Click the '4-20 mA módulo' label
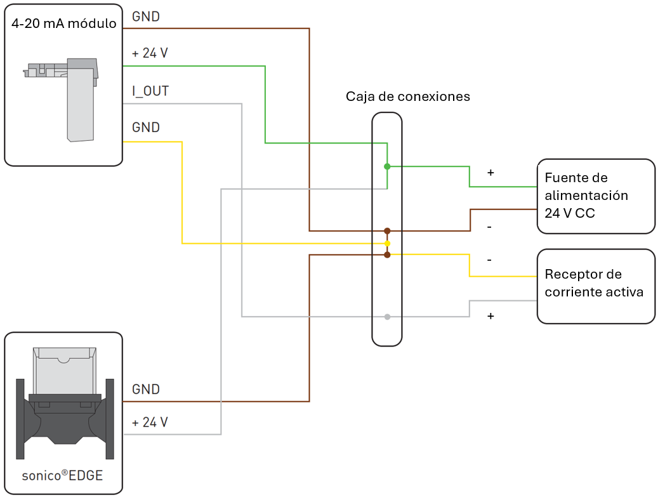[63, 24]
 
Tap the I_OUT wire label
[150, 91]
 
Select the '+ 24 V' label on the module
[150, 53]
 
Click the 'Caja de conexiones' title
[407, 96]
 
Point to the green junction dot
[387, 166]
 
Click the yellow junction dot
[387, 243]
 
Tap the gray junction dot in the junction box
[387, 316]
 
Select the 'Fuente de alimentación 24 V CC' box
[596, 196]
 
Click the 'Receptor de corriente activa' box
[596, 286]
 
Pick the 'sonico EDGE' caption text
[62, 475]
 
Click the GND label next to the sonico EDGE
[146, 389]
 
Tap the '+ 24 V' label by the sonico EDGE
[150, 422]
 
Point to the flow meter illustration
[64, 402]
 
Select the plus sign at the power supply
[490, 173]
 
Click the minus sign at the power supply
[490, 227]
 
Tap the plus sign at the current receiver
[490, 315]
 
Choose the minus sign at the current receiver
[490, 260]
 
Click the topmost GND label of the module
[146, 17]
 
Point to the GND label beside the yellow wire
[146, 128]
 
